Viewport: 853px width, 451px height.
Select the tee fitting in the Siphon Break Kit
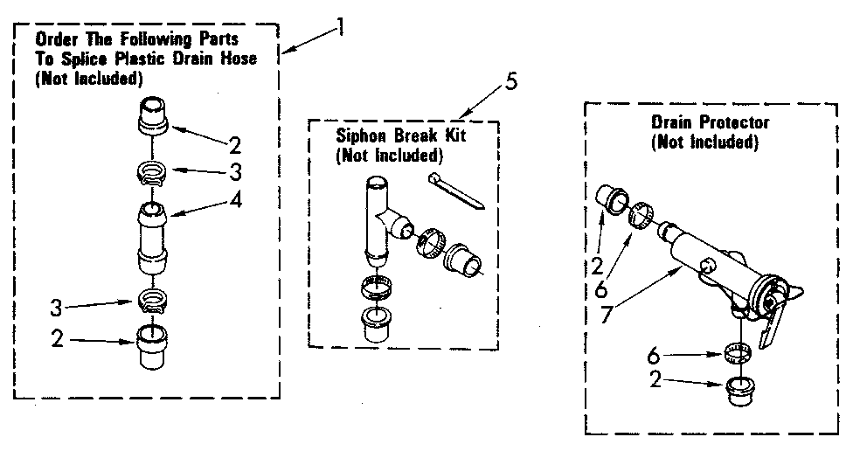[x=379, y=219]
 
